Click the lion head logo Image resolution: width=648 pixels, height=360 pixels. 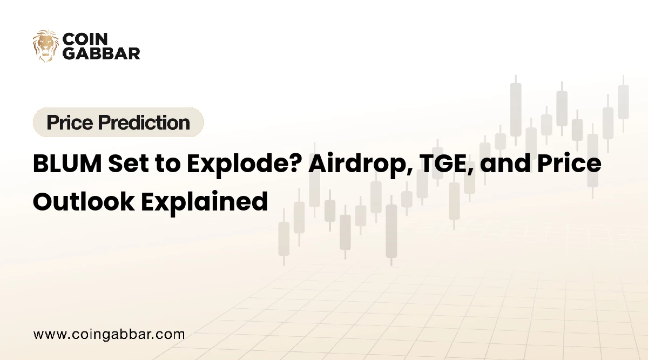pos(46,46)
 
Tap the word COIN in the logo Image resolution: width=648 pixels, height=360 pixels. pos(85,39)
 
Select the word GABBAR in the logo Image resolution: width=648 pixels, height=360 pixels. pos(102,53)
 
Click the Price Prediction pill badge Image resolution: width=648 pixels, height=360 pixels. pos(118,122)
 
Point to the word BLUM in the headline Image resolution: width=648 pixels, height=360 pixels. pos(67,164)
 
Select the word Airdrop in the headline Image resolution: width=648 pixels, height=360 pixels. pos(360,164)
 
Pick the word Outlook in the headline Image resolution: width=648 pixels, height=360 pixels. pos(84,201)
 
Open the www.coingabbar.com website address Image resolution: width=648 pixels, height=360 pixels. pos(109,335)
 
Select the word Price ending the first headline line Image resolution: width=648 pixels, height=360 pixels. pos(569,164)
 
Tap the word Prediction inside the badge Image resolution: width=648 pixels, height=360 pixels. pos(144,123)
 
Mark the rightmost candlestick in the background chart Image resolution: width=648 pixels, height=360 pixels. pos(623,104)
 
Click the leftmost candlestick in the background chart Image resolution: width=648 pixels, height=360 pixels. pos(284,237)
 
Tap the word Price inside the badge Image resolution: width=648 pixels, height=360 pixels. pos(70,123)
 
